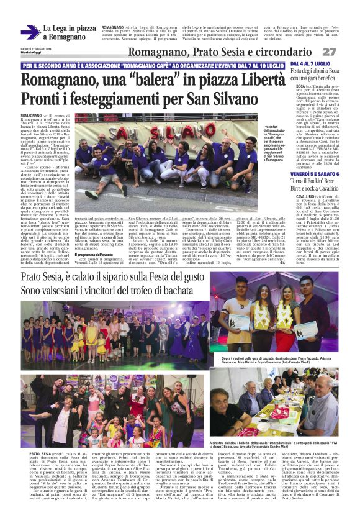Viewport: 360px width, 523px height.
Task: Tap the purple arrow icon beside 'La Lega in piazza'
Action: [x=30, y=32]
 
